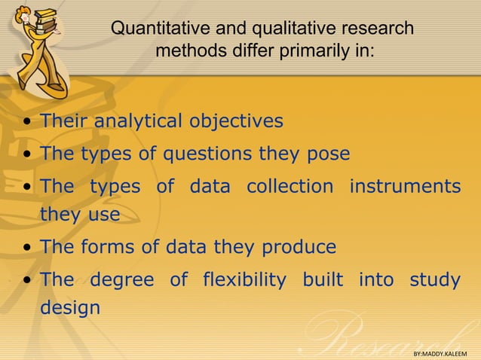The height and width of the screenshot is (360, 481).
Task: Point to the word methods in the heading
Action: coord(189,52)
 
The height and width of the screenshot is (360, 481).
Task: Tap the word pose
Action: coord(327,154)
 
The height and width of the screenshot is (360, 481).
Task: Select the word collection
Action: coord(289,185)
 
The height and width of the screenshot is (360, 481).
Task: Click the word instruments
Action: coord(404,185)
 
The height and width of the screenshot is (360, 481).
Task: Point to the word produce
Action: coord(299,247)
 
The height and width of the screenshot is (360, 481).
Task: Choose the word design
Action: coord(69,308)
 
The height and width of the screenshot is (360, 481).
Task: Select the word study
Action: coord(435,280)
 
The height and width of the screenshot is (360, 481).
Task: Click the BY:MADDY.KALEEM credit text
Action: coord(440,353)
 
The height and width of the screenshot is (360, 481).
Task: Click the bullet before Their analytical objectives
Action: coord(27,122)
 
